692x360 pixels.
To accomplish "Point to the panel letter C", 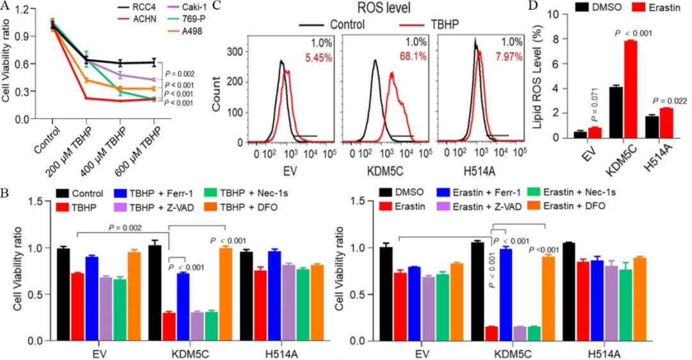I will point(216,6).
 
